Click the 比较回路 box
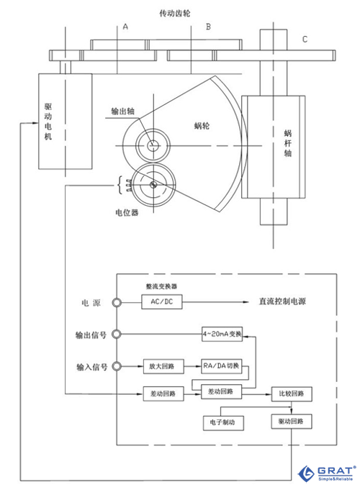(291, 393)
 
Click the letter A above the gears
(125, 27)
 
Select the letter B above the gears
(208, 27)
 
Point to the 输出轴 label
(122, 111)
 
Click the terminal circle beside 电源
(117, 303)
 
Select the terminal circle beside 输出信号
(117, 334)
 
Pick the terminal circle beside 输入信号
(117, 365)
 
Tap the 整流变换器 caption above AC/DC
(162, 286)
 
